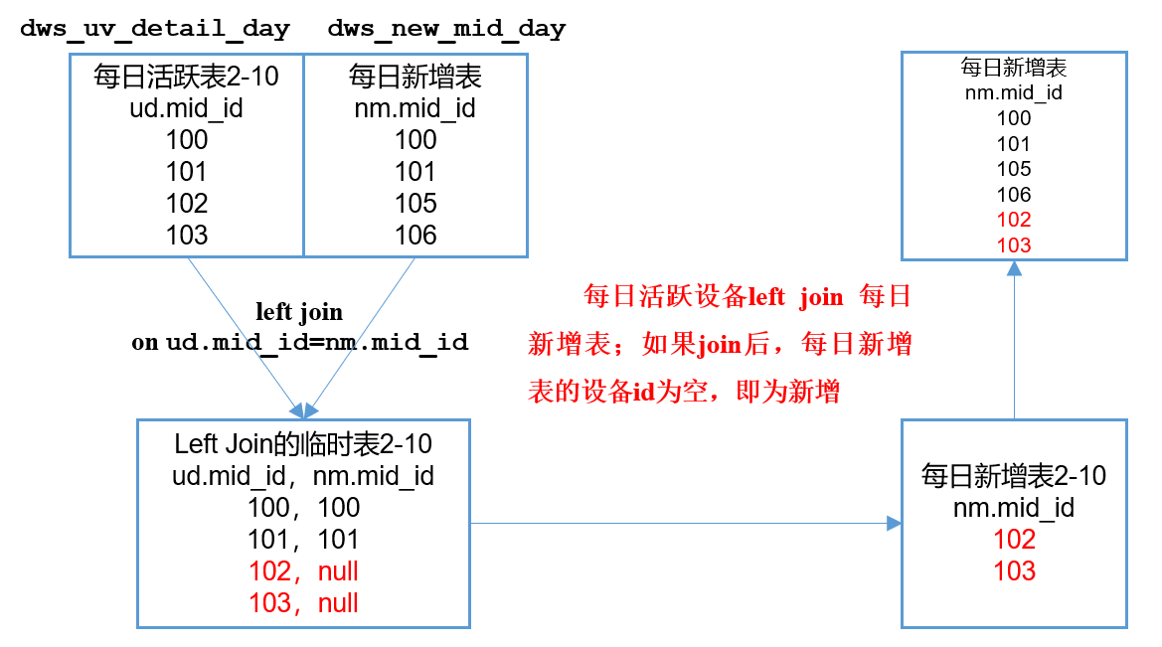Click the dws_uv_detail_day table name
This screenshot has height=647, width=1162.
pos(155,29)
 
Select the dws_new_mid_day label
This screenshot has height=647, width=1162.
pos(446,29)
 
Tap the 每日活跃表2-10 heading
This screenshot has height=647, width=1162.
pos(187,77)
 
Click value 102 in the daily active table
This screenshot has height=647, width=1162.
pos(187,203)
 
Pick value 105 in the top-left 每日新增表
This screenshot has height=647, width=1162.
pos(415,203)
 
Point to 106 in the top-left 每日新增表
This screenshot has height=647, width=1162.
pos(415,235)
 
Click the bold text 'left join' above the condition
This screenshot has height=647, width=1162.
pos(299,312)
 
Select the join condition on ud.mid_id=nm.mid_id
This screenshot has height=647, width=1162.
pos(299,343)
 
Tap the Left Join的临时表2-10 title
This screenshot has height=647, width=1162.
pos(303,443)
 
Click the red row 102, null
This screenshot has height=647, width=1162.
pos(303,571)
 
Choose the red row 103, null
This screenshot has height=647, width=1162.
pos(303,603)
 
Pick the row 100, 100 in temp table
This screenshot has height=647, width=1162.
pos(303,508)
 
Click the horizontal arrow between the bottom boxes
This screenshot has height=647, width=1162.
pos(686,523)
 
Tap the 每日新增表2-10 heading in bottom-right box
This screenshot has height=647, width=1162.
pos(1014,475)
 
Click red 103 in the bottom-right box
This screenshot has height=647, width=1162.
pos(1014,571)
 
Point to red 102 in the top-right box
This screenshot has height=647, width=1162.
pos(1014,220)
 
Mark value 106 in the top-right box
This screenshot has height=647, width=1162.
pos(1014,195)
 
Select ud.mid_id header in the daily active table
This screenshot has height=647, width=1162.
pos(187,108)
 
